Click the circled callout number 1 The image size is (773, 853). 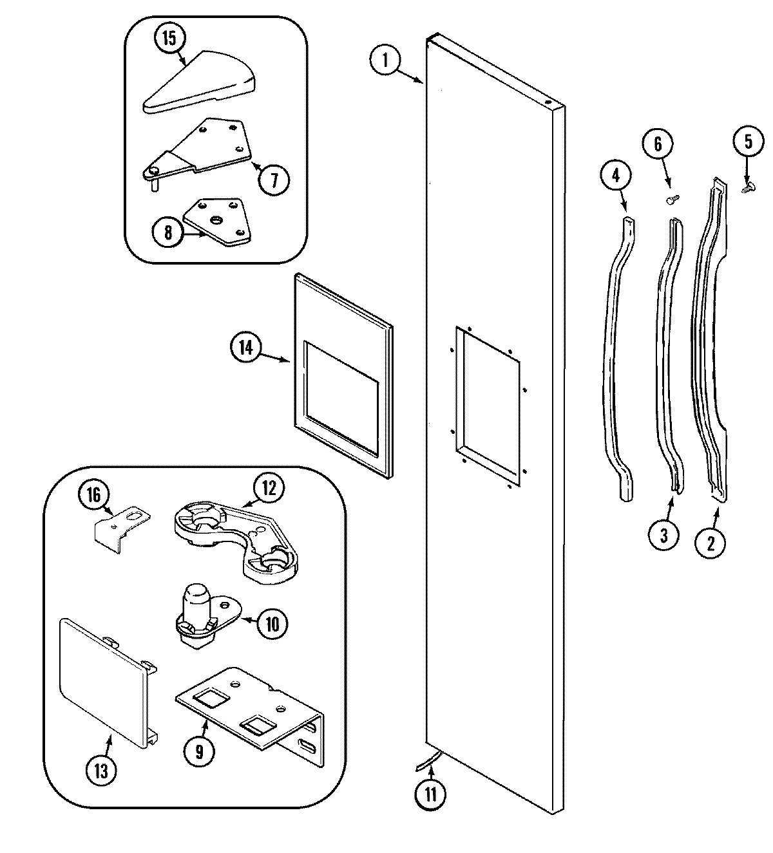(385, 61)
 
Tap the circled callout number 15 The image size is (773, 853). (168, 38)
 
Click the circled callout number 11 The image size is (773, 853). (430, 794)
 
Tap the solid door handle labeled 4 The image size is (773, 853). (617, 361)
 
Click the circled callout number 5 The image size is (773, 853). (748, 142)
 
